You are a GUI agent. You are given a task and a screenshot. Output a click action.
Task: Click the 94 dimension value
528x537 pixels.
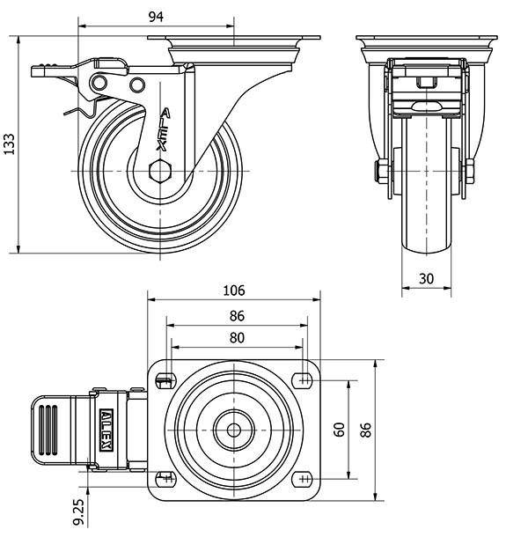(156, 17)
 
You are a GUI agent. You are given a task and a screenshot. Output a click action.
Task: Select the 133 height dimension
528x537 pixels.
(10, 144)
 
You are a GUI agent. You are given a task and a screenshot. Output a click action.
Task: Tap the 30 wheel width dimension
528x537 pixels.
(427, 278)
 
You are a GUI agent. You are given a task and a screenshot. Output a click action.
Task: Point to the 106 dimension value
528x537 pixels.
(234, 291)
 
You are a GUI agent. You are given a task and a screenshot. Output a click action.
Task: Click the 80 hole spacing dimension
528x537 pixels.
(235, 338)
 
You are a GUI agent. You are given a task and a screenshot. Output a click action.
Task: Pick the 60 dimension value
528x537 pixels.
(338, 429)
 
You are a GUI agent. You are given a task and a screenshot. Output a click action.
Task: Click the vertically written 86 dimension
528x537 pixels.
(367, 429)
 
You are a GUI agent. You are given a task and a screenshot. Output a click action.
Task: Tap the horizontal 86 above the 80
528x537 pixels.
(235, 316)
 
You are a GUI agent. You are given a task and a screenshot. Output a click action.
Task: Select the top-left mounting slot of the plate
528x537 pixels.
(165, 380)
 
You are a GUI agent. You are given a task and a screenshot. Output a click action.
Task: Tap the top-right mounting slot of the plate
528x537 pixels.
(304, 380)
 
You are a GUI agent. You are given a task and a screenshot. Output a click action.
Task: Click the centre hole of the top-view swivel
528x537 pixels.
(234, 430)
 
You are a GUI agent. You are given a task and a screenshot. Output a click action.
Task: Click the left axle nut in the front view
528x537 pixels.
(382, 171)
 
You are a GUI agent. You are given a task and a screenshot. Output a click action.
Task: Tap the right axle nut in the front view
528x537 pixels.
(471, 171)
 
